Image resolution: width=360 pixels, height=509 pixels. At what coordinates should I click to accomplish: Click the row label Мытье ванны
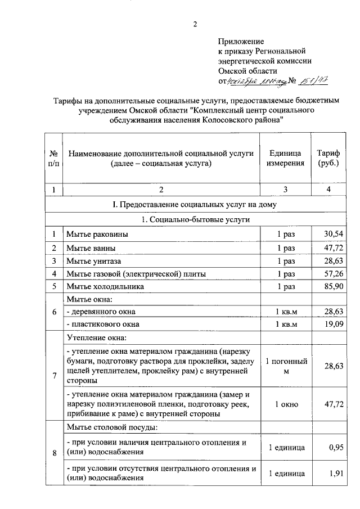pyautogui.click(x=91, y=247)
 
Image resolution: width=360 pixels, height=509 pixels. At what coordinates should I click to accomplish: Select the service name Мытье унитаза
pyautogui.click(x=94, y=260)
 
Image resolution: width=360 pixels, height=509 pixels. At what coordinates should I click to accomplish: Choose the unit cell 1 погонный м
pyautogui.click(x=286, y=366)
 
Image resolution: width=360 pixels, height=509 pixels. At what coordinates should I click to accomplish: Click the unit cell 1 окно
pyautogui.click(x=286, y=404)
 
